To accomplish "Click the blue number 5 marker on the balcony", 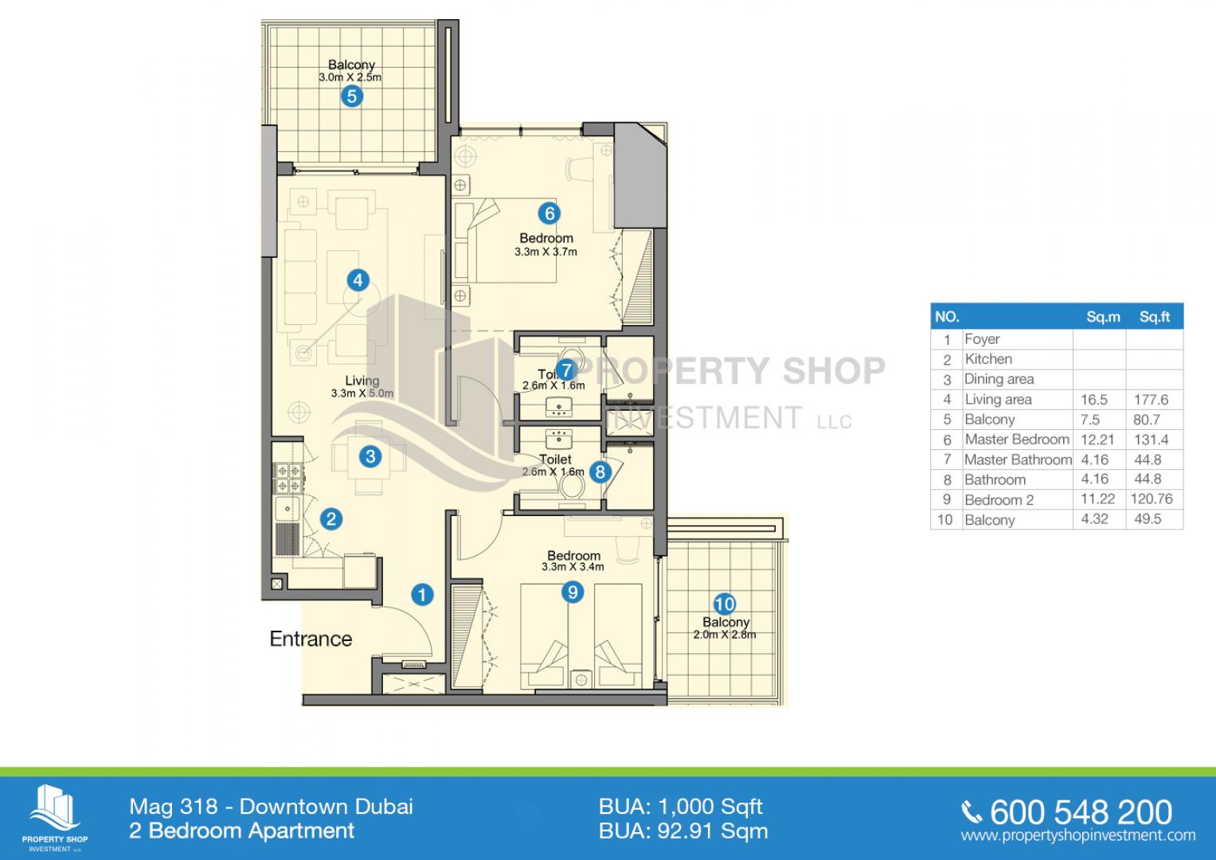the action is (x=352, y=96).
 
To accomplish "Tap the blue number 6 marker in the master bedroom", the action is (x=549, y=213).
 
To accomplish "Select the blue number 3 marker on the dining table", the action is (x=370, y=456).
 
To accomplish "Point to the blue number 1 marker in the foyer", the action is (x=422, y=595).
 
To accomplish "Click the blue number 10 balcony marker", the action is (x=724, y=604).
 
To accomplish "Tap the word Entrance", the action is (x=311, y=639).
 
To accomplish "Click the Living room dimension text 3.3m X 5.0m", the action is (x=362, y=393).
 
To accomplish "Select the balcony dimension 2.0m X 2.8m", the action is (x=724, y=634).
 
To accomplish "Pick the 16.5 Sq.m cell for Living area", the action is (x=1094, y=400).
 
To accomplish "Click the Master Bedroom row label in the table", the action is (x=1017, y=440).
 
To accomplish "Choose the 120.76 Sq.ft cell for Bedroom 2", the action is (x=1151, y=499).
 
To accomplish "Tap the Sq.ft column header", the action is (x=1154, y=317).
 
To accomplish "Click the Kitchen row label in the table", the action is (x=988, y=359).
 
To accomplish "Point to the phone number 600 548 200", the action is (x=1081, y=813).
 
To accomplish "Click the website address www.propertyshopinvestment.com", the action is (x=1078, y=835).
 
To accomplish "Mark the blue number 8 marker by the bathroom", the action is (x=600, y=471).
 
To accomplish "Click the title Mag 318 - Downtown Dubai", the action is (x=271, y=807).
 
